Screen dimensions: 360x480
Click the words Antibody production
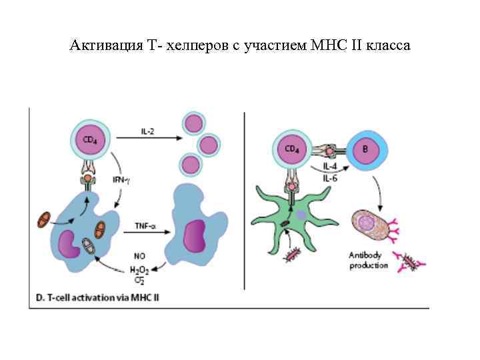click(x=369, y=260)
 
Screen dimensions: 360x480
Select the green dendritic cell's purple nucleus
click(x=301, y=215)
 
